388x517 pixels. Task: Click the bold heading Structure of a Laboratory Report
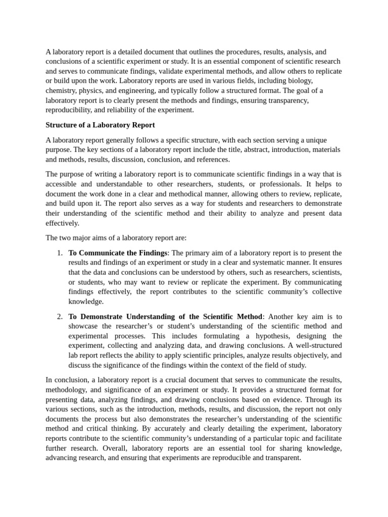click(x=100, y=125)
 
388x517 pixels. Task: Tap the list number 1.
click(x=60, y=253)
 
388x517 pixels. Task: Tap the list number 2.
click(x=60, y=317)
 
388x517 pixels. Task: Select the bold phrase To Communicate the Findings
click(x=118, y=253)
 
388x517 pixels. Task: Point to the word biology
click(x=300, y=81)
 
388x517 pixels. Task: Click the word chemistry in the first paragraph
click(x=62, y=91)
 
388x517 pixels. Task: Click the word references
click(x=212, y=160)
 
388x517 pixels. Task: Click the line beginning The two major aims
click(x=116, y=238)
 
